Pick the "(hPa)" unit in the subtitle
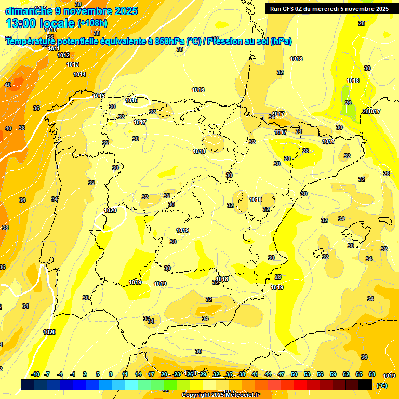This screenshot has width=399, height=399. pos(281,42)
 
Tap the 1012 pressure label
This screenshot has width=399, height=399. pos(63,55)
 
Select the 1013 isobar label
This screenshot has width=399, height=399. pos(73,64)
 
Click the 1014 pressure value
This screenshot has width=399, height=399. pos(79,74)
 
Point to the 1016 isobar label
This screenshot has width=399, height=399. pos(198,90)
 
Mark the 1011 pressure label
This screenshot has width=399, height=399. pos(54,48)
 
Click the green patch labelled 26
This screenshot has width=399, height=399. pos(347,103)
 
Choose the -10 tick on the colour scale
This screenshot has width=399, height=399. pos(36,375)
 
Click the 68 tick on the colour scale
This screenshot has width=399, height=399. pos(371,375)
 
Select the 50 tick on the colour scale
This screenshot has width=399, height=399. pos(294,375)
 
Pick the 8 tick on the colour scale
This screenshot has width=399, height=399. pos(111,375)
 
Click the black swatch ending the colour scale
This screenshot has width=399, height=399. pos(365,384)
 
